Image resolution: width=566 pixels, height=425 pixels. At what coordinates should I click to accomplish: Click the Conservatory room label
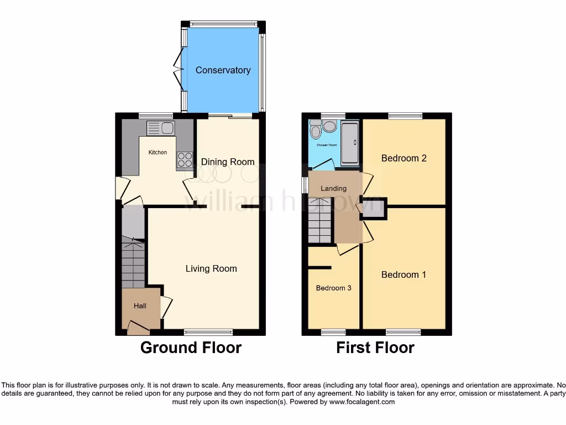223,70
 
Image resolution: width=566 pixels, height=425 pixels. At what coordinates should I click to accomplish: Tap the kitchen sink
161,128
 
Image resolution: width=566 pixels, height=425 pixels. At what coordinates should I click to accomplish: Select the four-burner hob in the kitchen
185,160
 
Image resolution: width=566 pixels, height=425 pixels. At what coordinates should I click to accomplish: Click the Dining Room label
228,162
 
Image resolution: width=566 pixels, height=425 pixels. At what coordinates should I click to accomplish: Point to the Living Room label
211,268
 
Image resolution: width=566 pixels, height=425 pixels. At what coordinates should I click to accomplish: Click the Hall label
140,305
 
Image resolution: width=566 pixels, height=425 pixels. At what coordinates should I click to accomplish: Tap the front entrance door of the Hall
138,330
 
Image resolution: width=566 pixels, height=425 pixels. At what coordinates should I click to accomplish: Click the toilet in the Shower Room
316,130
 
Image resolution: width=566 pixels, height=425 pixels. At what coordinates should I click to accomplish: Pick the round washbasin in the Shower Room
330,127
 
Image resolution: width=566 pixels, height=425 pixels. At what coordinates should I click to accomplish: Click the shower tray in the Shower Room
349,143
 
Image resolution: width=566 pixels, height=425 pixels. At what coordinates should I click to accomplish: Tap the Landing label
333,189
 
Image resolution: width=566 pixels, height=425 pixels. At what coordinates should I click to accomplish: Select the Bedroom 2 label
404,158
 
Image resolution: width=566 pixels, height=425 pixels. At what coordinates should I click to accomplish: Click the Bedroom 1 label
403,274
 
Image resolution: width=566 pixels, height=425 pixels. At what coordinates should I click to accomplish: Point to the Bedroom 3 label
333,288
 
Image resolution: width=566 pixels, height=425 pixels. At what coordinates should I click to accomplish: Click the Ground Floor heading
191,348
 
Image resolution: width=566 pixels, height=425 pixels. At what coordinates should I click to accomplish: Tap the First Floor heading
375,348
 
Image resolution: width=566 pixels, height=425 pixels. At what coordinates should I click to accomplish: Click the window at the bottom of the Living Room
208,332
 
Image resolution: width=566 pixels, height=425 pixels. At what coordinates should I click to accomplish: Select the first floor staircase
320,221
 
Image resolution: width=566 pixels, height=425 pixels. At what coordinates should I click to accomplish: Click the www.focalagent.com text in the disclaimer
361,402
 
